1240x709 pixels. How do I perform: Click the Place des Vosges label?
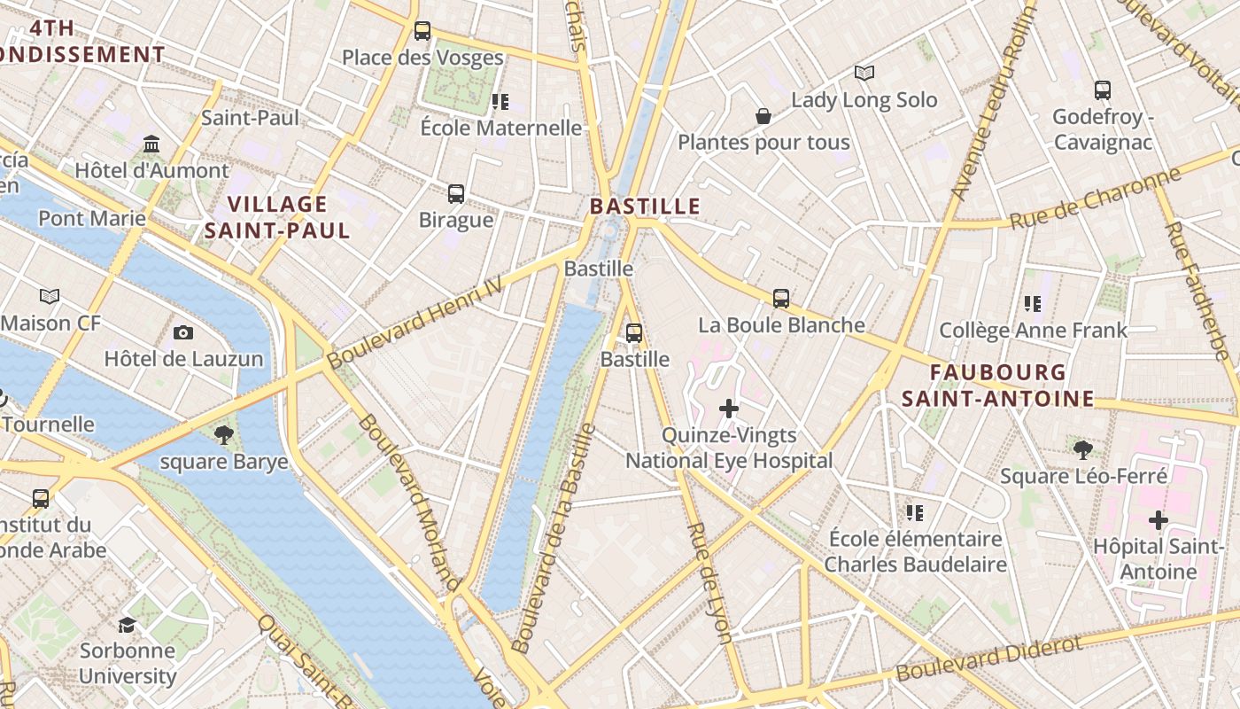click(422, 58)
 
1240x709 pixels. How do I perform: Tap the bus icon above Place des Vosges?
click(422, 31)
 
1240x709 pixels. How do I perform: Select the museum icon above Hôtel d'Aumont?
click(151, 144)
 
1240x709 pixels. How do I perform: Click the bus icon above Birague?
click(456, 193)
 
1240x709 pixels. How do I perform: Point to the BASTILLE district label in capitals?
click(645, 206)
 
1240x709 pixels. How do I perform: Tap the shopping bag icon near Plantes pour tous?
click(763, 116)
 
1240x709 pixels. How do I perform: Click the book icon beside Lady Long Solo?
click(864, 74)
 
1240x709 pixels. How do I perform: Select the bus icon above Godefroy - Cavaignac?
click(1103, 90)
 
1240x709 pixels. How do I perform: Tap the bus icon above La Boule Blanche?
click(780, 299)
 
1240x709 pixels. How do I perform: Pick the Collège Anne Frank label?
click(1033, 331)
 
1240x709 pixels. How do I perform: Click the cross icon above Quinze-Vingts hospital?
click(729, 409)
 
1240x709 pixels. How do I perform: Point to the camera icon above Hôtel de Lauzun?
click(183, 332)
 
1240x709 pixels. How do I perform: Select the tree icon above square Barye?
click(223, 434)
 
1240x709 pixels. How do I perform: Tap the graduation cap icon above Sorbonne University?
click(128, 625)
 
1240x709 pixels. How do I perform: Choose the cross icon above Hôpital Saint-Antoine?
click(1158, 520)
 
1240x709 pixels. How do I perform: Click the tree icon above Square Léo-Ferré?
click(1082, 449)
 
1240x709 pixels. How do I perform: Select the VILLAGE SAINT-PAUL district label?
click(277, 217)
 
